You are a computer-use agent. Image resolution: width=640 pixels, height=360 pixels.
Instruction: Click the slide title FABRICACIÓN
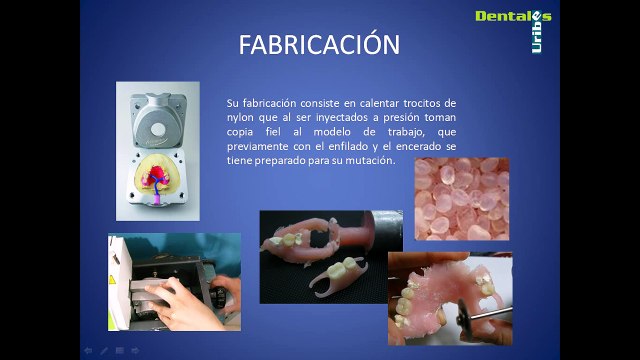319,45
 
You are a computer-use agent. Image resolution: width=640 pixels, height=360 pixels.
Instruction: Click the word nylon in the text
241,117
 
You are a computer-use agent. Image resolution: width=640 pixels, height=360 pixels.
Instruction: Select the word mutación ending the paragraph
370,160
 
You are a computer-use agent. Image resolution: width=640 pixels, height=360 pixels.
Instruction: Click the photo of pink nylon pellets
461,199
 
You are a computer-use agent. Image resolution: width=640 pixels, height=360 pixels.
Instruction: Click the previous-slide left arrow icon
87,351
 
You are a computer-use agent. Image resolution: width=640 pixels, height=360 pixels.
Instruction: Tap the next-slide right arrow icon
135,351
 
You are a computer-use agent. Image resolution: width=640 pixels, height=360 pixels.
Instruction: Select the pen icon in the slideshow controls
103,351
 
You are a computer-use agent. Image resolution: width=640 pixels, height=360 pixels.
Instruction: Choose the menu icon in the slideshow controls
119,351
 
